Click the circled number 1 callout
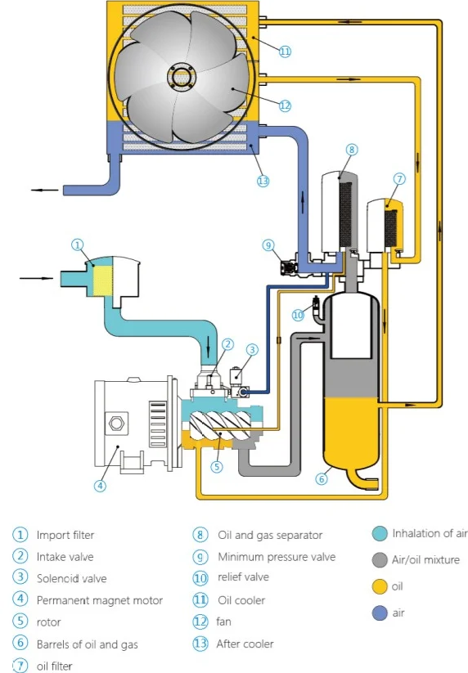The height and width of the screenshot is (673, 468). [x=78, y=245]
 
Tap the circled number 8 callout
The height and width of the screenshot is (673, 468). [x=351, y=150]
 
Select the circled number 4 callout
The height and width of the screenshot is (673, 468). [x=100, y=485]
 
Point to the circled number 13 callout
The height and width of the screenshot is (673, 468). [x=263, y=181]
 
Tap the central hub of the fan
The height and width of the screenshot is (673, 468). [x=179, y=78]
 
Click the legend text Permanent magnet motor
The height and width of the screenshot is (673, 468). [x=99, y=600]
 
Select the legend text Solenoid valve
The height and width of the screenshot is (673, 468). [x=71, y=578]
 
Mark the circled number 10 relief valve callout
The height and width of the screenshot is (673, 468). [x=299, y=314]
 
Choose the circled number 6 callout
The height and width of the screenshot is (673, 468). [x=322, y=480]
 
